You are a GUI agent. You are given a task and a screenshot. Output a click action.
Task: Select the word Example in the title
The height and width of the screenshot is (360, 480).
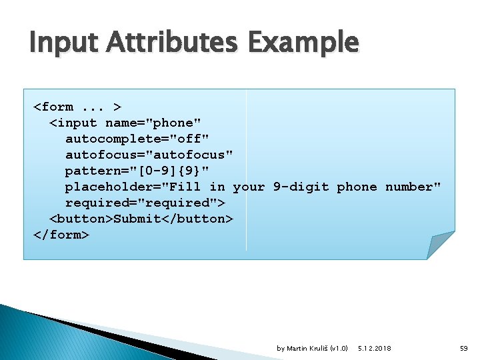pyautogui.click(x=303, y=43)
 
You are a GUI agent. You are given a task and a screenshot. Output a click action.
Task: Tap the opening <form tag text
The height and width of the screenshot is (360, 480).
pyautogui.click(x=53, y=107)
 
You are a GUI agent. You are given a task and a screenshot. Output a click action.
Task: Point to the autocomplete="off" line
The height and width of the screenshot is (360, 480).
pyautogui.click(x=137, y=139)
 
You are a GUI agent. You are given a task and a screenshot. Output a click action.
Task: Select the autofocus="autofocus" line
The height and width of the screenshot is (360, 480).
pyautogui.click(x=149, y=155)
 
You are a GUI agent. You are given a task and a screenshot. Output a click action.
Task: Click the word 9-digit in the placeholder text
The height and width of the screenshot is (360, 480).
pyautogui.click(x=301, y=187)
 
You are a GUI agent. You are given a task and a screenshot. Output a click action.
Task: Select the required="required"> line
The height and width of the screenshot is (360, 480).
pyautogui.click(x=145, y=203)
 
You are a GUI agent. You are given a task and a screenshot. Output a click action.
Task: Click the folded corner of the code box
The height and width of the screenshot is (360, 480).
pyautogui.click(x=440, y=245)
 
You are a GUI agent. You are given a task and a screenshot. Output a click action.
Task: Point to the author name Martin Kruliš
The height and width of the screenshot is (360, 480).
pyautogui.click(x=307, y=349)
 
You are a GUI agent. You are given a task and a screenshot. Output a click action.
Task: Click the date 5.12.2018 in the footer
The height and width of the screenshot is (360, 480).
pyautogui.click(x=375, y=349)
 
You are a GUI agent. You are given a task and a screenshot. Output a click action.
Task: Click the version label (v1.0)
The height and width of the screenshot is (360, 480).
pyautogui.click(x=339, y=349)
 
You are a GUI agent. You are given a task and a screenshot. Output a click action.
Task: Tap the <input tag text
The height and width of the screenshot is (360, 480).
pyautogui.click(x=73, y=123)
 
